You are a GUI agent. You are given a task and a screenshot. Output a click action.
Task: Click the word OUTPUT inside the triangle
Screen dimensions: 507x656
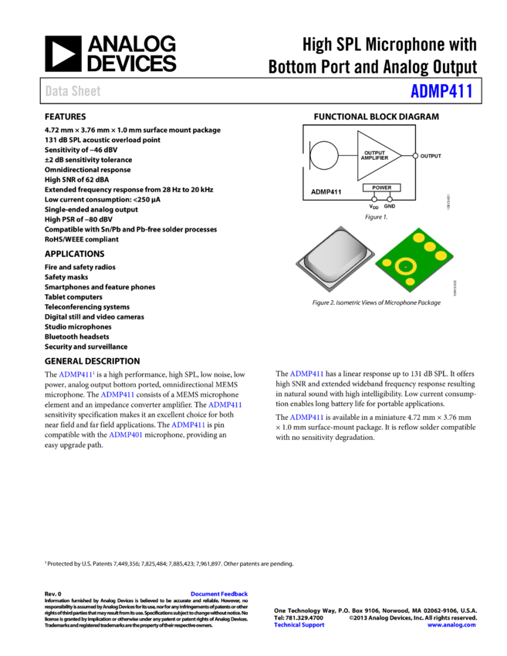375,153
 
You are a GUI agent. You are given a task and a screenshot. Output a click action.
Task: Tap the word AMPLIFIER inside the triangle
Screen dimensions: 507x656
375,158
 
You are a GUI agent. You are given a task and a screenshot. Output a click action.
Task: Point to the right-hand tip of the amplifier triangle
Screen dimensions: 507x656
400,156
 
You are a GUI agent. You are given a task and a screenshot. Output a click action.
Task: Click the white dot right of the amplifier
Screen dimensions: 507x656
415,156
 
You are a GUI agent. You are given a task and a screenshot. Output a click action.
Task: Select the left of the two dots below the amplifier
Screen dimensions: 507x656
374,199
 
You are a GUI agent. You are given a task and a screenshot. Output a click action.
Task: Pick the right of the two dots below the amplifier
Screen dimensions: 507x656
390,199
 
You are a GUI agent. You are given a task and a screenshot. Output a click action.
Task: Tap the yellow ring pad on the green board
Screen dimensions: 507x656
406,266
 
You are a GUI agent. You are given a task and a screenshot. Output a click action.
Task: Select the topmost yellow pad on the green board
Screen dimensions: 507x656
419,238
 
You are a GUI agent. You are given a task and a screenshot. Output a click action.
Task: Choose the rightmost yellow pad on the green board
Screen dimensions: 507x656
441,255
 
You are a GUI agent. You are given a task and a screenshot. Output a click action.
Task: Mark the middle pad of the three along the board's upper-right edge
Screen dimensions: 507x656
430,247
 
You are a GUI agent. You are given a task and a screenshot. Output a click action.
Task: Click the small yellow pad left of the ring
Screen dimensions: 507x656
387,262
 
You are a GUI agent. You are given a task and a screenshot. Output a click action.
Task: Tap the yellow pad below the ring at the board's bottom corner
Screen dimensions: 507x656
411,282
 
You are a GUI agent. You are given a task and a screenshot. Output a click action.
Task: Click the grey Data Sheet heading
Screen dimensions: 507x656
73,91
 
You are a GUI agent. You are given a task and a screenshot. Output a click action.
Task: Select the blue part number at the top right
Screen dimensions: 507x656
441,91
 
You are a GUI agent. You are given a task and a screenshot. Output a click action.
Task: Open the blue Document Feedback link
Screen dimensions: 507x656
219,594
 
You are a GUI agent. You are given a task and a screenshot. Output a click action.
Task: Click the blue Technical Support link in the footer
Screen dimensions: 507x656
299,625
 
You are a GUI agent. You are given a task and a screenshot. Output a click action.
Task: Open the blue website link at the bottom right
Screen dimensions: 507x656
451,625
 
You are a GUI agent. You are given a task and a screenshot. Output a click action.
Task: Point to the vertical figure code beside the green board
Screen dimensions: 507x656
456,288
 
